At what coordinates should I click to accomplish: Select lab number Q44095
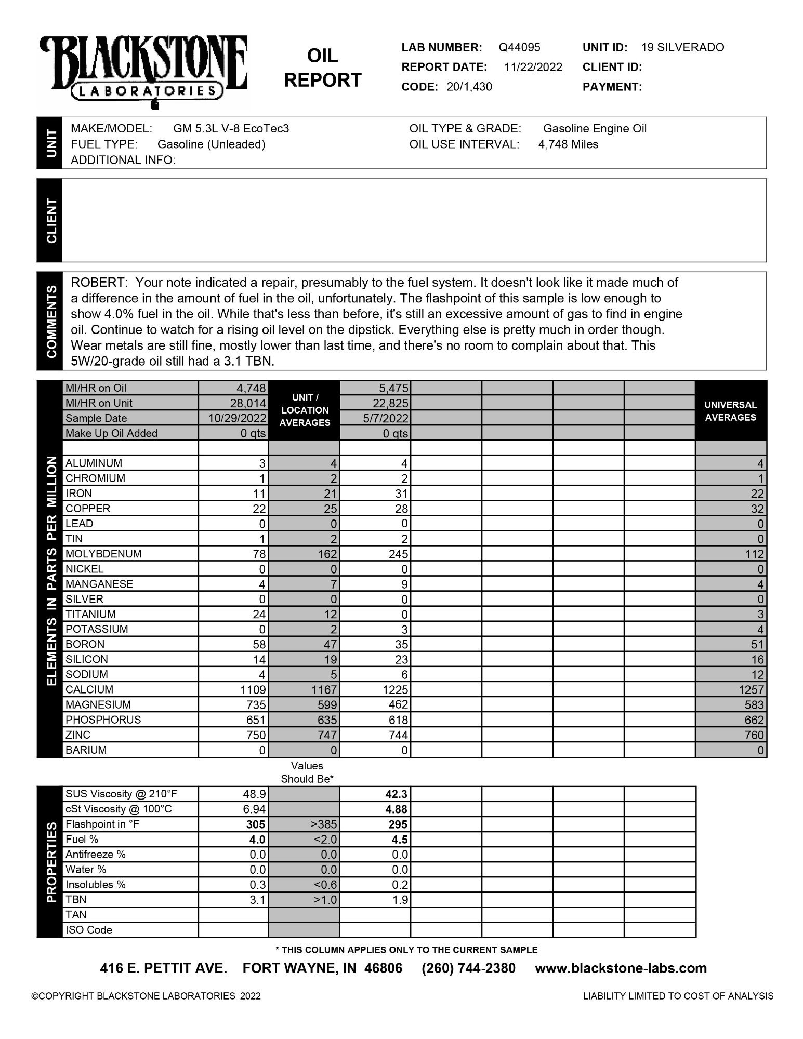519,47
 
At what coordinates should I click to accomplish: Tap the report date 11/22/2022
533,67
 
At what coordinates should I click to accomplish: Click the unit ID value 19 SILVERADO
682,47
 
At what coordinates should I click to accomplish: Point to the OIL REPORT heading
323,68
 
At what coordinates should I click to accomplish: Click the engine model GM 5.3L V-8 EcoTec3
231,128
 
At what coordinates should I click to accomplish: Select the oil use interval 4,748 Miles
568,144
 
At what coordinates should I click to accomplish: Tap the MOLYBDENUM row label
103,554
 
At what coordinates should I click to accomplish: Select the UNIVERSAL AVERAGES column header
730,411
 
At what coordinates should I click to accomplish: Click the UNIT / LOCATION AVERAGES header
305,410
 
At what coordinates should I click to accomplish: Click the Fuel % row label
82,840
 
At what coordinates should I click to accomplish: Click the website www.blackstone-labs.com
621,968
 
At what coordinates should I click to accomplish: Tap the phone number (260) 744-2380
468,968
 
